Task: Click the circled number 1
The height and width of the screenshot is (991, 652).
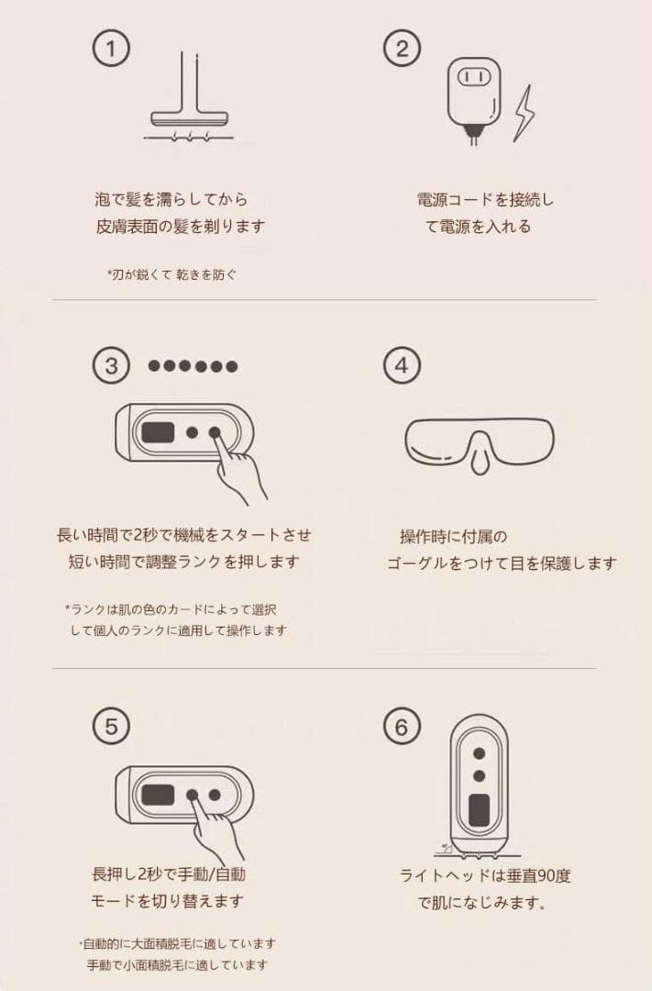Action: (x=110, y=48)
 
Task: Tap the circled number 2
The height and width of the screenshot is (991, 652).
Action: (x=402, y=48)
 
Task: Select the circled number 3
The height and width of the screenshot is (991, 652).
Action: (x=111, y=366)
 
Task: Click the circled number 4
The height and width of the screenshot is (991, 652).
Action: (x=401, y=366)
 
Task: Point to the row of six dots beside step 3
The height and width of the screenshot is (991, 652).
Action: (x=193, y=366)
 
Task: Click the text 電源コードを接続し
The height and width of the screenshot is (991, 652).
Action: (x=485, y=199)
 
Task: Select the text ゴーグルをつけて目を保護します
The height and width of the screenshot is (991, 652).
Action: (x=501, y=563)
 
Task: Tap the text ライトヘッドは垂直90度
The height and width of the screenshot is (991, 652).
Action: (x=485, y=875)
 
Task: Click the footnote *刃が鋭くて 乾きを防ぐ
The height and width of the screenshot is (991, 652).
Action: (x=171, y=273)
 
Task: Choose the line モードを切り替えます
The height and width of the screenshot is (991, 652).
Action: (x=167, y=900)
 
